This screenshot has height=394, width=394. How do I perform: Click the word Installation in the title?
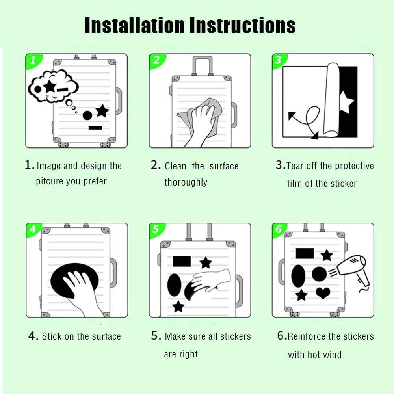click(135, 25)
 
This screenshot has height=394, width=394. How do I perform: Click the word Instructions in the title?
click(242, 25)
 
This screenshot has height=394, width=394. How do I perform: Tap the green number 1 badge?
click(33, 61)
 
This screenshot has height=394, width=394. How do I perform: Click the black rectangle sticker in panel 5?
click(182, 261)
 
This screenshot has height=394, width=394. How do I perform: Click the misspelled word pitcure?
click(49, 181)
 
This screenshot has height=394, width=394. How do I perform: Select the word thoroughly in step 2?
click(186, 182)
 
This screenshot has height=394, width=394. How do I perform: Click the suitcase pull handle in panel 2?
click(203, 65)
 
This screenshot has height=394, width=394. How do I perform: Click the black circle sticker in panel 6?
click(319, 274)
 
